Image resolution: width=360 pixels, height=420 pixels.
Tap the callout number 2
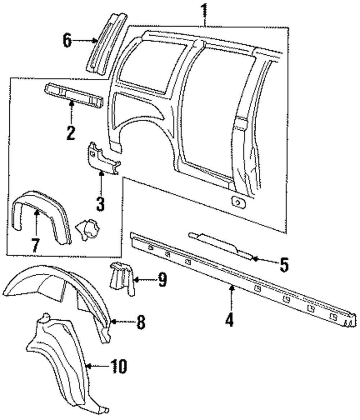coord(71,133)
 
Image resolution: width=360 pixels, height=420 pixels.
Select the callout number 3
coord(100,204)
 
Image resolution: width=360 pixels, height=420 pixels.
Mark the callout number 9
coord(162,279)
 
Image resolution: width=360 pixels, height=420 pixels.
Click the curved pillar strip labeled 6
coord(107,43)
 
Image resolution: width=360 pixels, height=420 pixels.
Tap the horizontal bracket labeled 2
coord(74,95)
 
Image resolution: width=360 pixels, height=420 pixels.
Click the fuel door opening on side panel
coord(238,202)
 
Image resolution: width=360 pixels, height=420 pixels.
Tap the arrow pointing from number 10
coord(97,366)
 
